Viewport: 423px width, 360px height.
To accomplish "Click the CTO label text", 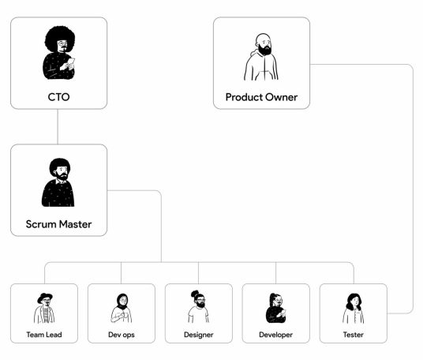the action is tap(58, 97).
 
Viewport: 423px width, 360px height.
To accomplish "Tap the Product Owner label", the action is tap(261, 97).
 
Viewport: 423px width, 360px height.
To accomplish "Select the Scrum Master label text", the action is tap(58, 224).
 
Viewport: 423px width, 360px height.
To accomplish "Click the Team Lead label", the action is tap(44, 335).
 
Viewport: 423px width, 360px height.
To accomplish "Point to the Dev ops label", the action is tap(122, 335).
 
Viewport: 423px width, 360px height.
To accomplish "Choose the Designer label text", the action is tap(199, 335).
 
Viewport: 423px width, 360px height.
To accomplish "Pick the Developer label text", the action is tap(275, 335).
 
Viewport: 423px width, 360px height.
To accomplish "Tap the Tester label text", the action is tap(353, 335).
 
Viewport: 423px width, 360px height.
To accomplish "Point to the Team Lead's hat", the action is tap(44, 297).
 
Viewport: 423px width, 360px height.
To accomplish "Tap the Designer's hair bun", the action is tap(195, 294).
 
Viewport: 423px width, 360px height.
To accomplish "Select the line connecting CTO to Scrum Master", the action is tap(58, 126).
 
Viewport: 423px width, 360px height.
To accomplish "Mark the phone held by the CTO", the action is tap(72, 62).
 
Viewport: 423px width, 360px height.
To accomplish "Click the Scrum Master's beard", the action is tap(62, 177).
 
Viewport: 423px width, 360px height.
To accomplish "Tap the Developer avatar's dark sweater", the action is tap(274, 315).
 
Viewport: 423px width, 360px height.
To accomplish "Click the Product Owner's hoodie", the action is tap(261, 66).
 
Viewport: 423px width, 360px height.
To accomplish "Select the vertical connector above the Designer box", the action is tap(199, 273).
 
